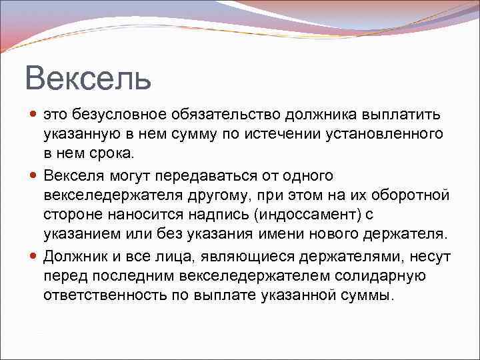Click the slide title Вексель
89,78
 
